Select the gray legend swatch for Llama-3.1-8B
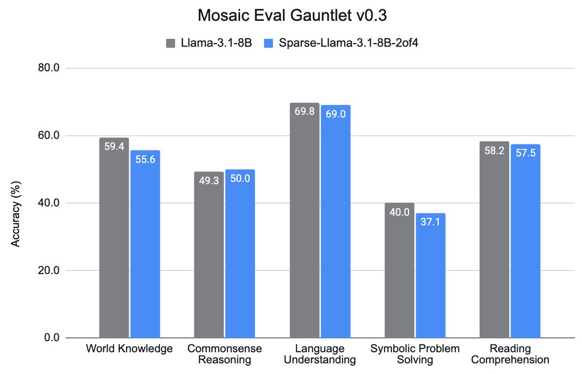[170, 43]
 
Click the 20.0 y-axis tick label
[48, 270]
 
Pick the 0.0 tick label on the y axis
[50, 338]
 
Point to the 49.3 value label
[209, 181]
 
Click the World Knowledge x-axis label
[129, 349]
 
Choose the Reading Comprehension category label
[510, 354]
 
